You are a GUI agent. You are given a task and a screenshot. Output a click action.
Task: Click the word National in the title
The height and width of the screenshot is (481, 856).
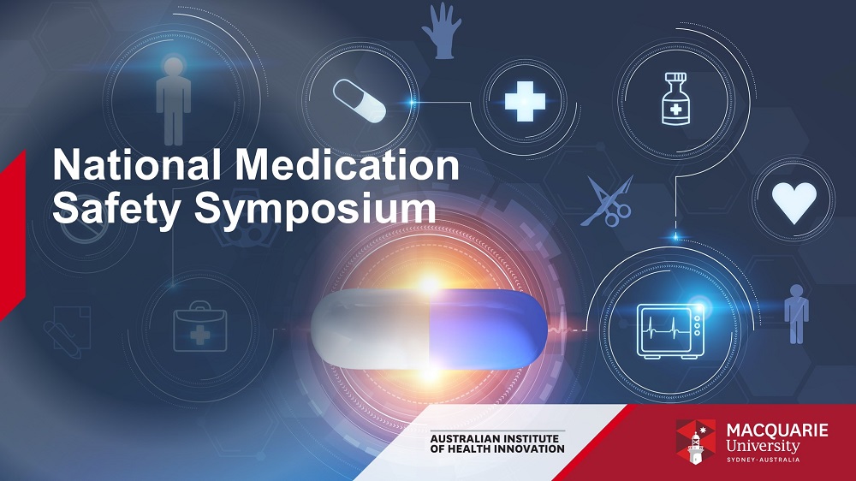tap(136, 164)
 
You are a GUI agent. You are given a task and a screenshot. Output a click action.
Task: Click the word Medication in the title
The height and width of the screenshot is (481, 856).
tap(347, 164)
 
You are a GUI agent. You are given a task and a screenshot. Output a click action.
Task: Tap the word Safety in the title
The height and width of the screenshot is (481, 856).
tap(116, 209)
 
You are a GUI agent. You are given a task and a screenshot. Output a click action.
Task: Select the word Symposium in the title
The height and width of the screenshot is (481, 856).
tap(316, 209)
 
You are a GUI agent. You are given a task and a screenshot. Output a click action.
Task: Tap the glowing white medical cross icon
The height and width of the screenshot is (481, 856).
tap(525, 101)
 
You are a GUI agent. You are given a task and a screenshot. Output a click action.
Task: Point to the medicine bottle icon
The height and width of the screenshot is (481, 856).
tap(675, 99)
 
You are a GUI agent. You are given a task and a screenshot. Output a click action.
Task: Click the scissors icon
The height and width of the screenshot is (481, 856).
tap(608, 200)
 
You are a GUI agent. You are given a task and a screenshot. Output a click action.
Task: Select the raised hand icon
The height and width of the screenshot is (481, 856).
tap(442, 31)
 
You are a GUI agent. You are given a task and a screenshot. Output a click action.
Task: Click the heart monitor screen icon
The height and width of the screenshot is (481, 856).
tap(671, 331)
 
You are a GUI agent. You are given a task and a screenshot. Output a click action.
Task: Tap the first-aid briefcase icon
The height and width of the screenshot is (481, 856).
tap(199, 326)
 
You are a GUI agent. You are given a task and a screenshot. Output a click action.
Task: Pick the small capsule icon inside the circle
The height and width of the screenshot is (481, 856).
tap(360, 100)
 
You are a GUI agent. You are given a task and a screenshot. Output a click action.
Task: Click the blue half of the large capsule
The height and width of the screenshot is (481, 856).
tap(488, 330)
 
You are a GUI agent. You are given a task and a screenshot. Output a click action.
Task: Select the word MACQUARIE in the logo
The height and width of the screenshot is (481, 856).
tap(777, 430)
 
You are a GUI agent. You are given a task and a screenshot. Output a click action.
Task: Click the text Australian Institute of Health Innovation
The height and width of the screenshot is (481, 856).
tap(497, 443)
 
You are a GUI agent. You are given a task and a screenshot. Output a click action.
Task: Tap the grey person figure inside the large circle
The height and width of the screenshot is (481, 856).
tap(174, 100)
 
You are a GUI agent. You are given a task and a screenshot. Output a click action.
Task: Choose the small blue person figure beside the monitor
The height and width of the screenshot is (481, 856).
tap(796, 314)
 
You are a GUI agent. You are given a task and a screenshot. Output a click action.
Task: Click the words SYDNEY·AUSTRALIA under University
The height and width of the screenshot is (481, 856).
tap(764, 460)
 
